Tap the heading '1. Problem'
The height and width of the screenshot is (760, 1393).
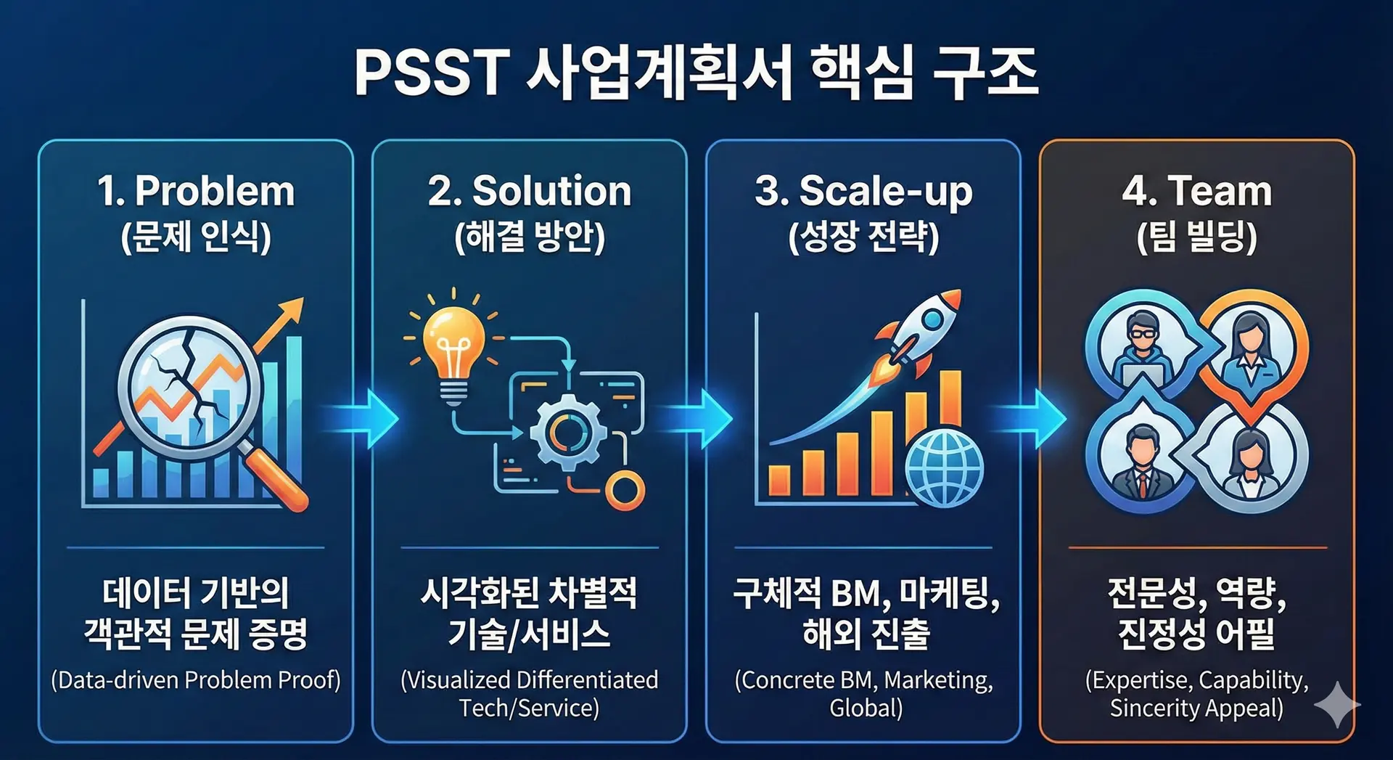tap(196, 191)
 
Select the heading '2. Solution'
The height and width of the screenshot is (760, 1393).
tap(530, 191)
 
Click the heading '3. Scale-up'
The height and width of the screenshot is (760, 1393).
tap(863, 192)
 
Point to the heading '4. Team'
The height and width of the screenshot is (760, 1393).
tap(1197, 191)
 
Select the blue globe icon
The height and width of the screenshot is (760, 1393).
tap(944, 467)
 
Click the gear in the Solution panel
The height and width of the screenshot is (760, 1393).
tap(567, 433)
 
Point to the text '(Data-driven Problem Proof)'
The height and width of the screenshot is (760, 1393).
tap(196, 680)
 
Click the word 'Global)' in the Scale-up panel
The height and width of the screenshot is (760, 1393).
tap(866, 708)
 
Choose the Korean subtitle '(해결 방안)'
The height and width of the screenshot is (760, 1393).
tap(530, 237)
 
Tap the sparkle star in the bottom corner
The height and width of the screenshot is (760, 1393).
tap(1336, 704)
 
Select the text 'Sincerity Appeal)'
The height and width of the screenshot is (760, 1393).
tap(1197, 708)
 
